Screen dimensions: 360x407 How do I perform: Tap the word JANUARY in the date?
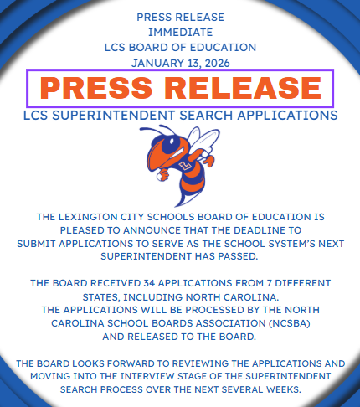coord(153,62)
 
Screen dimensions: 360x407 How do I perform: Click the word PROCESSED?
coord(188,308)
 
